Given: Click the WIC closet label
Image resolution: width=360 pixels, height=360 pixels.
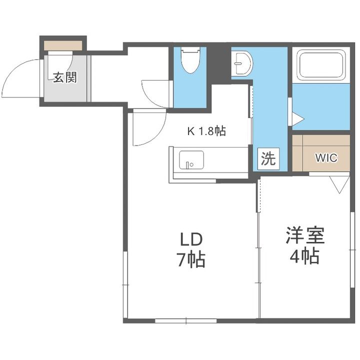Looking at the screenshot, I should pos(326,158).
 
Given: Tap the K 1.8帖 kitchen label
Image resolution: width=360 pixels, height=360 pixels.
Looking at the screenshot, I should pos(206,131).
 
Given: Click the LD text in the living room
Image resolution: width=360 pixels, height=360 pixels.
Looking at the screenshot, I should pos(192,239).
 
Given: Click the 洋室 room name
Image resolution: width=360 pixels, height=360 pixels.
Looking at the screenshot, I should pos(305,236).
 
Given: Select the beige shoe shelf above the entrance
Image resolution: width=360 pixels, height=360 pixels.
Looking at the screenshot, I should pos(63,45).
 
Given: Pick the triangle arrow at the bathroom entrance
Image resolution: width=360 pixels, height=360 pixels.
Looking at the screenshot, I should pos(297,119).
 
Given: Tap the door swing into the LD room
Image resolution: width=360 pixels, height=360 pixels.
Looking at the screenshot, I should pos(149,129).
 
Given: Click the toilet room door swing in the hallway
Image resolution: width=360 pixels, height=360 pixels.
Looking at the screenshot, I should pos(156,93).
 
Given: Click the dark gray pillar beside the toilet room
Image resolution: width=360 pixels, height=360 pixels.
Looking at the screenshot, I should pos(215,63).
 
